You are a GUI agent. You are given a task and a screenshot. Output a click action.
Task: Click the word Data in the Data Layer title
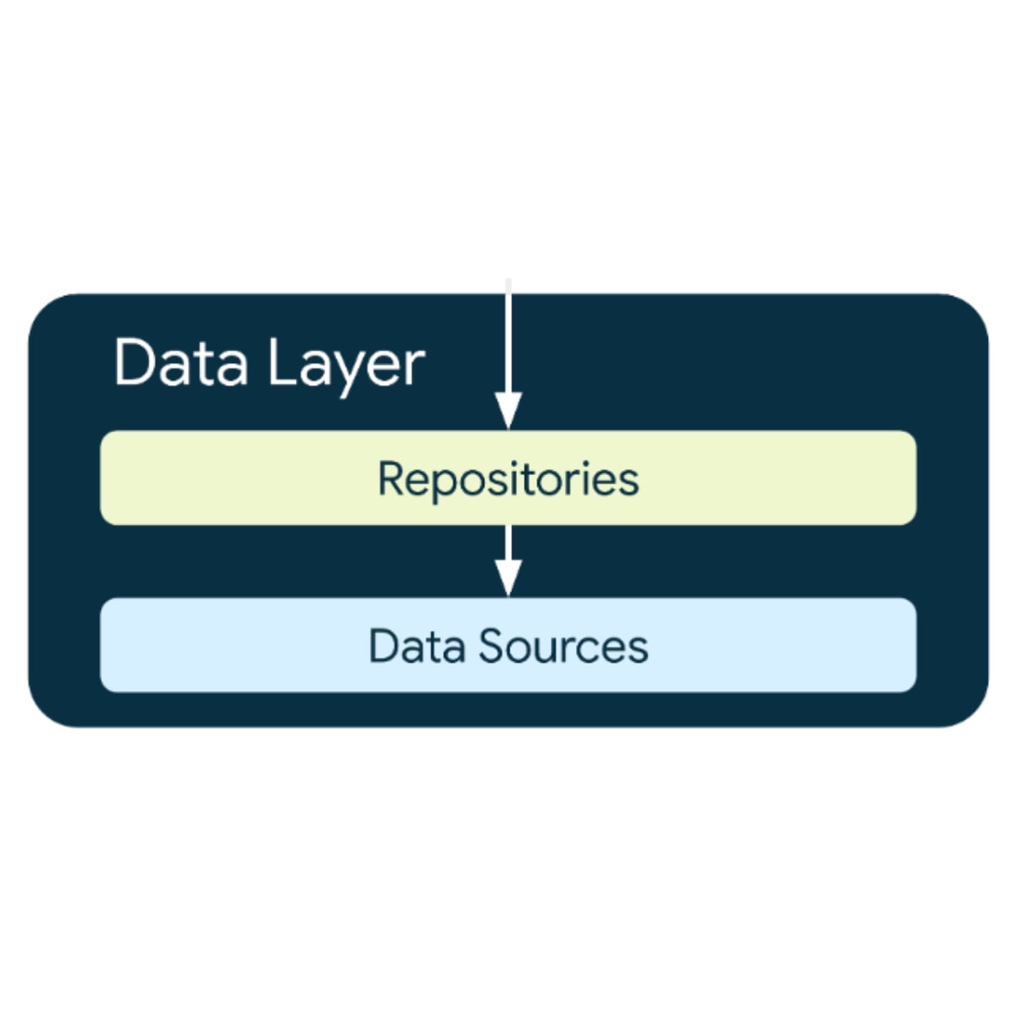click(x=181, y=363)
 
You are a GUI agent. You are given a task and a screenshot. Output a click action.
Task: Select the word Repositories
click(x=508, y=478)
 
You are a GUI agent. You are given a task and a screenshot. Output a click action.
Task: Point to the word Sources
click(x=563, y=646)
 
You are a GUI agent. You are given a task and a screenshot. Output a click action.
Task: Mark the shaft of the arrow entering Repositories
click(x=508, y=345)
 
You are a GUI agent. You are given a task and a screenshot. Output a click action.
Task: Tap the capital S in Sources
click(x=491, y=646)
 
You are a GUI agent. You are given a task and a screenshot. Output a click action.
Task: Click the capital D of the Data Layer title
click(x=132, y=362)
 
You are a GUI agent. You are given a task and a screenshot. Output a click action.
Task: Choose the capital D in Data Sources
click(x=382, y=646)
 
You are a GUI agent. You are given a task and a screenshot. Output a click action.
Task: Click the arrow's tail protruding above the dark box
click(x=508, y=286)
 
